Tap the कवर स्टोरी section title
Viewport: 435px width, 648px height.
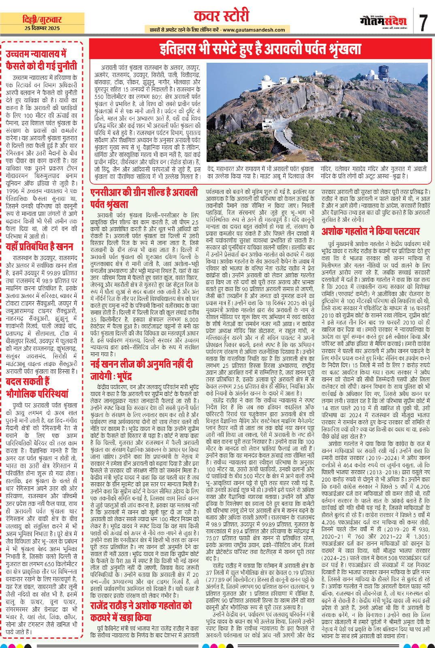coord(221,17)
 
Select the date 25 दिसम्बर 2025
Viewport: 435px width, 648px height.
coord(42,28)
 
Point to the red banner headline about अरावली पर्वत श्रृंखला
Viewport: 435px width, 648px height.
coord(260,49)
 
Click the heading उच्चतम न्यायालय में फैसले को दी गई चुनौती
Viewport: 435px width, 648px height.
coord(41,60)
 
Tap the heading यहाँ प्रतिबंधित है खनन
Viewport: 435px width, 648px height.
coord(39,247)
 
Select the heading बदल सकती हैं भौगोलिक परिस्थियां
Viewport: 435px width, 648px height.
coord(37,388)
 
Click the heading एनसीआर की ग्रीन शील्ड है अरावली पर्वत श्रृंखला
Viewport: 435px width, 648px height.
coord(144,198)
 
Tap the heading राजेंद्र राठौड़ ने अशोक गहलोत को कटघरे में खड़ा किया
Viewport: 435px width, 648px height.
coord(141,612)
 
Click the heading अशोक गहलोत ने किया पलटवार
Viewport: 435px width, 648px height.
coord(370,231)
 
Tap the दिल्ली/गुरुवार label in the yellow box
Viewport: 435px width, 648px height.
coord(42,19)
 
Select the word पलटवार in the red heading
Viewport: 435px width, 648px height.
coord(403,231)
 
